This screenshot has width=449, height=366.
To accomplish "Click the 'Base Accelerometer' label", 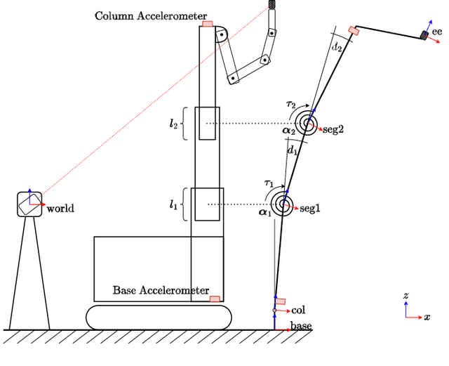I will tap(161, 290).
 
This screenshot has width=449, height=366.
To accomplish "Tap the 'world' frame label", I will tap(60, 209).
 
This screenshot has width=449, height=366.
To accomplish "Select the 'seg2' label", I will tap(332, 130).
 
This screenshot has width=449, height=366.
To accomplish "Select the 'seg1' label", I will tap(310, 209).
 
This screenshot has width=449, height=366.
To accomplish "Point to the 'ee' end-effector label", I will tap(437, 32).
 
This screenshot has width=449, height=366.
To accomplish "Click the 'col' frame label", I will tap(298, 310).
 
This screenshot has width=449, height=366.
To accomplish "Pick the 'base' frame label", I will tap(301, 327).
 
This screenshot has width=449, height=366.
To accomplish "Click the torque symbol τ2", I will tap(290, 105).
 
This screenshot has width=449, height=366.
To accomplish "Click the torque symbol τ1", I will tap(269, 184).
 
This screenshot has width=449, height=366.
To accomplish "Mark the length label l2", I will tap(173, 123).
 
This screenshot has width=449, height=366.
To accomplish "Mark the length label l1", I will tap(173, 204).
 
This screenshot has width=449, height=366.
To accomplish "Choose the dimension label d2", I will tap(337, 47).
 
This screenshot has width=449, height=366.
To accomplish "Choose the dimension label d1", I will tap(293, 150).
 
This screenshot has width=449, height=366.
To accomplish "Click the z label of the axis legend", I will tap(406, 296).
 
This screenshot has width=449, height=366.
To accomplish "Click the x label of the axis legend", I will tap(427, 318).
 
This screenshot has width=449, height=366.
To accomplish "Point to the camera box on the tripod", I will tap(29, 204).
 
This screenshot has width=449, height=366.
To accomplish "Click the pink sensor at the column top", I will tap(207, 23).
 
